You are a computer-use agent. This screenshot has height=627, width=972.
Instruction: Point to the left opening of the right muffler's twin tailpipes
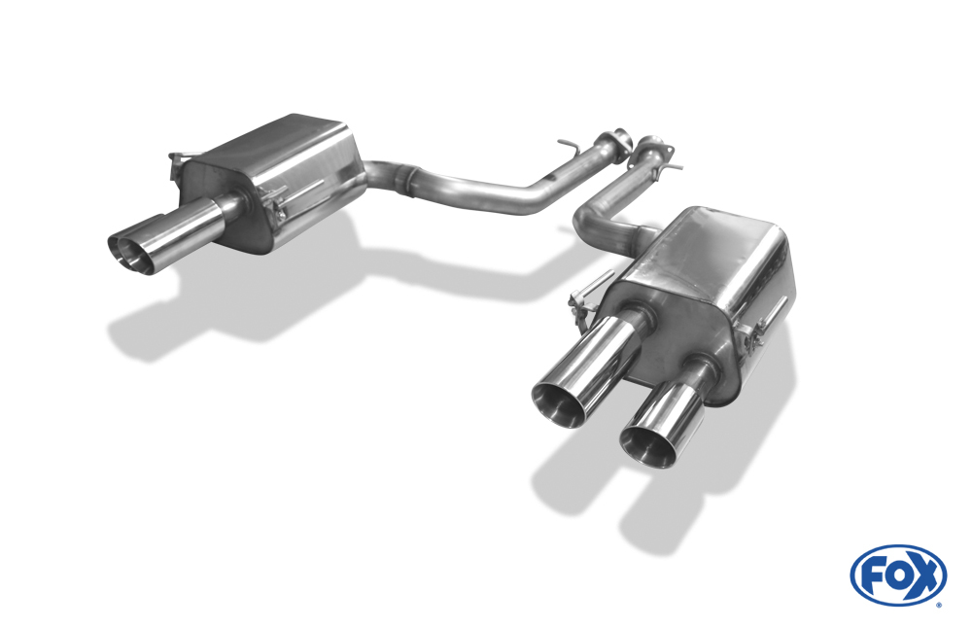(557, 403)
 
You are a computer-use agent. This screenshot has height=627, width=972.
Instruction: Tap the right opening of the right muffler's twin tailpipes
(646, 444)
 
